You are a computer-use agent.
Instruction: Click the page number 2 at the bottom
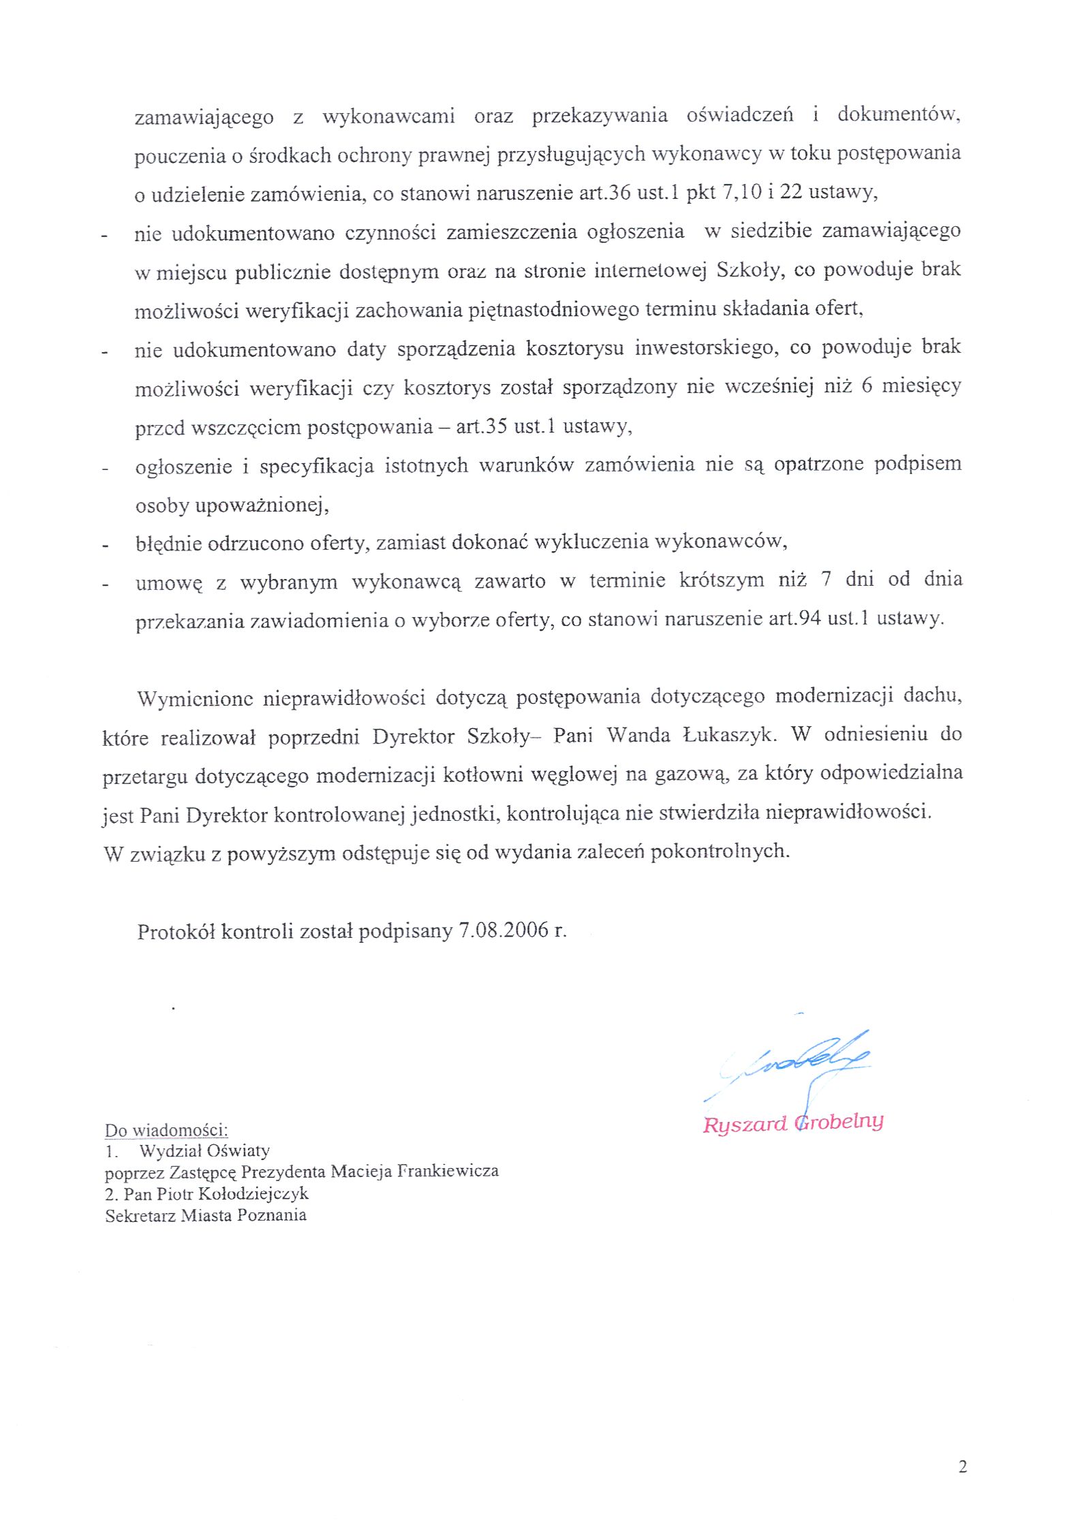click(962, 1467)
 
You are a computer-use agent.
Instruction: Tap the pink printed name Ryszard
click(744, 1124)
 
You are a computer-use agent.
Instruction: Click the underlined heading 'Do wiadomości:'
click(166, 1131)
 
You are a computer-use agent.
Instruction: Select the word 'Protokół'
click(176, 931)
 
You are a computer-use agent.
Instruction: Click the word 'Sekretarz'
click(140, 1215)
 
